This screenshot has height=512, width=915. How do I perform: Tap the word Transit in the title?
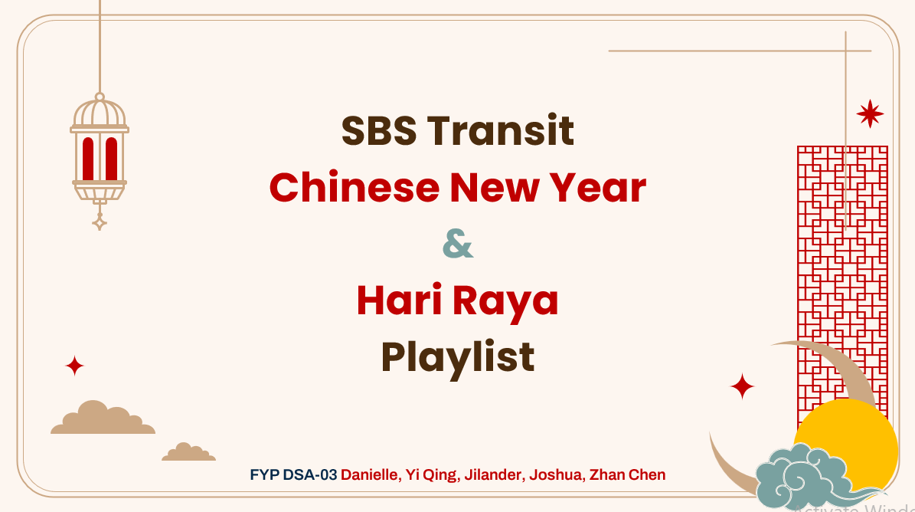pos(501,130)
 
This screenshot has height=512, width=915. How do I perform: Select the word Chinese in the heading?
pos(355,188)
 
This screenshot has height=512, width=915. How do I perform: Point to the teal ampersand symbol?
pos(458,244)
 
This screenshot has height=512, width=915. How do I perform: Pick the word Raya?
pos(505,302)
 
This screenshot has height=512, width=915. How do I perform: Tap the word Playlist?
pos(458,357)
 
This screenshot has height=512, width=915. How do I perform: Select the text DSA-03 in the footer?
pos(310,474)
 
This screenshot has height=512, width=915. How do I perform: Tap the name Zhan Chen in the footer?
pos(627,474)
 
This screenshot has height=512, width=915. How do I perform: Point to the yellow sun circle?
pos(846,447)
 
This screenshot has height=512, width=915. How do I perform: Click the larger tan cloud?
pos(103,418)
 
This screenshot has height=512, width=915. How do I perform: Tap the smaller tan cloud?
pos(188,452)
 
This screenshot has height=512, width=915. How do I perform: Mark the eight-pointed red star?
pos(870,114)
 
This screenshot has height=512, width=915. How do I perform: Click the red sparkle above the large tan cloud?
pos(74,366)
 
